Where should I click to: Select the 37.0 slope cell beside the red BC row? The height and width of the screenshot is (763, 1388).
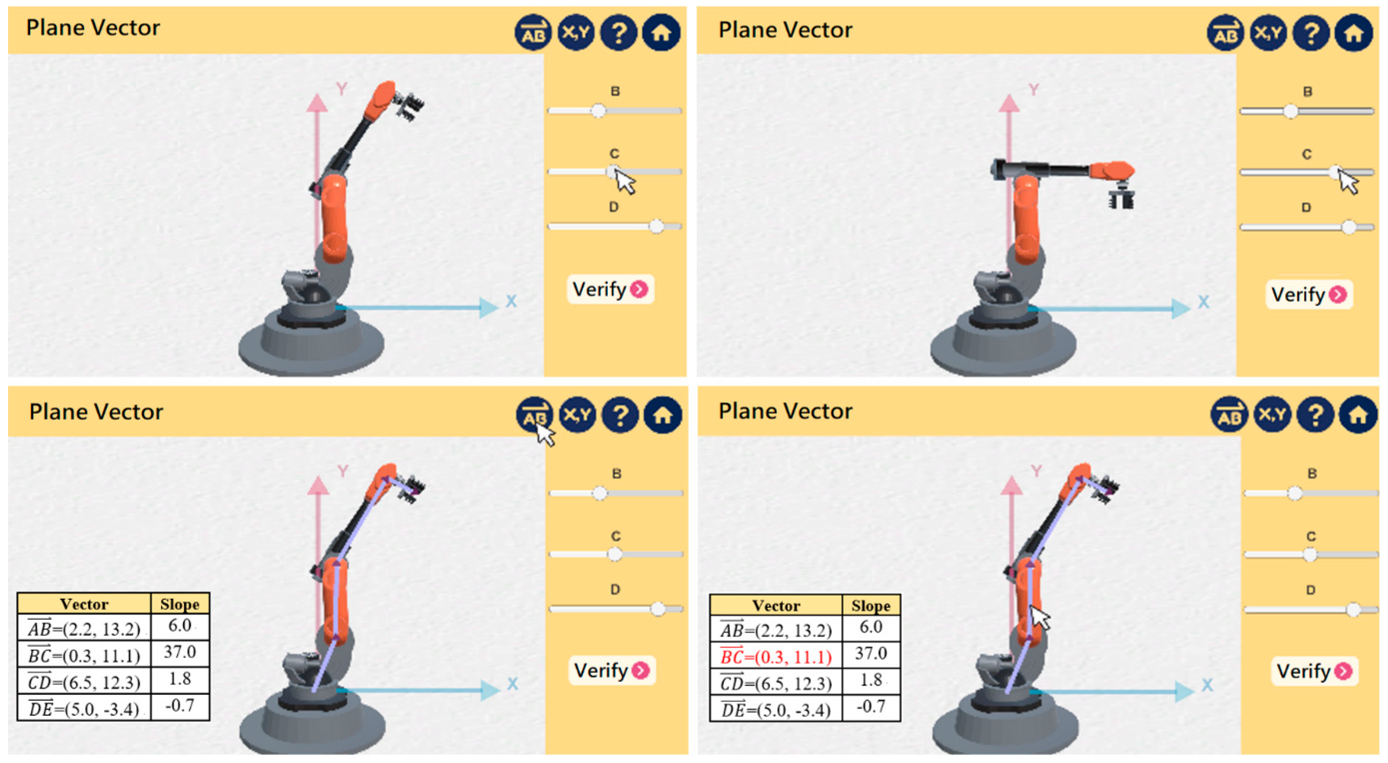pos(871,654)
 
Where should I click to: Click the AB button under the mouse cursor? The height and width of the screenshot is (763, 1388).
pos(534,415)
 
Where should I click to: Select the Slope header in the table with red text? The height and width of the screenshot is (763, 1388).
pos(871,606)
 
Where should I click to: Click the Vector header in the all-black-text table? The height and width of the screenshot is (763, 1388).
pos(84,604)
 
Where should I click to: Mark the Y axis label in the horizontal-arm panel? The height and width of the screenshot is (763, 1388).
pos(1033,90)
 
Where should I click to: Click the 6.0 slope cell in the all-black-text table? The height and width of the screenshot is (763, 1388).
pos(180,625)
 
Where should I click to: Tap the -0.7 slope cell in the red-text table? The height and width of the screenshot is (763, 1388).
pos(871,707)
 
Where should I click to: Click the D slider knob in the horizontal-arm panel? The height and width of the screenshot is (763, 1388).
pos(1349,227)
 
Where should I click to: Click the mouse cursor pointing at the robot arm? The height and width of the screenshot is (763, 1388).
pos(1040,617)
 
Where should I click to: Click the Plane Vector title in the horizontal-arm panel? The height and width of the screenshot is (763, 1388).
pos(785,30)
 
